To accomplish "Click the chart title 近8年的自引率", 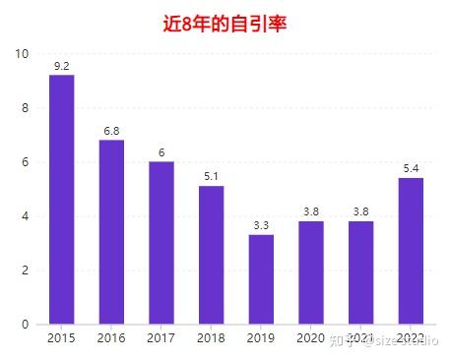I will point(225,23).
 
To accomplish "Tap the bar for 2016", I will point(112,232).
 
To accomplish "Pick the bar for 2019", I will point(261,279).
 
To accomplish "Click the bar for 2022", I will point(412,251).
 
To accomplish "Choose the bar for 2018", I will point(212,255).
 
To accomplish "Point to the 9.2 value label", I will point(62,66).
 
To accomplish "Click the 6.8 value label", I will point(112,131).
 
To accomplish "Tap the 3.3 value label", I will point(261,225).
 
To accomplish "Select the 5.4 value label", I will point(412,169).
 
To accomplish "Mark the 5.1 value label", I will point(212,177).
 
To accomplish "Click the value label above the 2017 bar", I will point(161,152).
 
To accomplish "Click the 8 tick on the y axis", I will point(27,108).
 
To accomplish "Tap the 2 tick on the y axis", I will point(27,270).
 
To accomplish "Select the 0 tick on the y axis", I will point(27,325).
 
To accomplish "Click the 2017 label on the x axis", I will point(161,339).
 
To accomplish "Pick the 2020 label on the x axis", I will point(311,339).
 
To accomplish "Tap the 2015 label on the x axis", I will point(62,339).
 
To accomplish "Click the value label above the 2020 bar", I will point(311,211).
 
